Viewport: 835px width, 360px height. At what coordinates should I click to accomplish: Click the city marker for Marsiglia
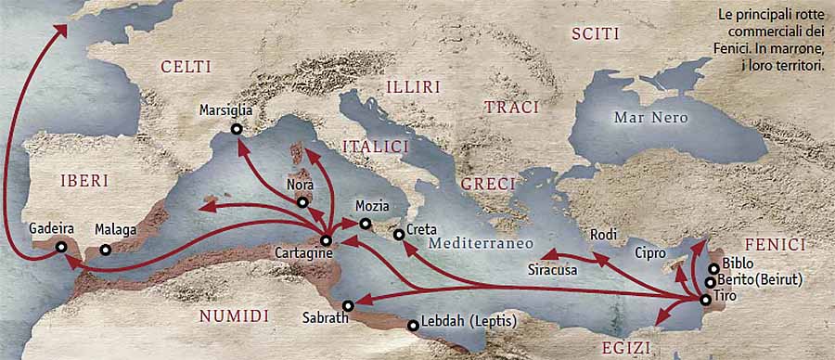tap(237, 129)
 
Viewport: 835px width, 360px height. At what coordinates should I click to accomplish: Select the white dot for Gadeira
tap(60, 247)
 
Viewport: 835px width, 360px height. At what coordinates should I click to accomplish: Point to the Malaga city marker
tap(105, 249)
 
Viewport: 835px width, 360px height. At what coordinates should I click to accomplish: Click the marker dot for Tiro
tap(706, 300)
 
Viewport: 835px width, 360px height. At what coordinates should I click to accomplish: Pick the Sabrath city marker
tap(348, 305)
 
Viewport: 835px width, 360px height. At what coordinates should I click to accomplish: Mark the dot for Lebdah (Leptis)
tap(413, 325)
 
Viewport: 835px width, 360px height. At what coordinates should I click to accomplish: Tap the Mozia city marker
tap(365, 225)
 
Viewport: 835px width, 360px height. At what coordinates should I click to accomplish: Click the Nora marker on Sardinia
tap(302, 201)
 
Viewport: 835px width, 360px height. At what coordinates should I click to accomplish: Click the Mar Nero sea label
tap(650, 118)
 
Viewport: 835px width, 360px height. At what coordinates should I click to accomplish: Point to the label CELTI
tap(186, 67)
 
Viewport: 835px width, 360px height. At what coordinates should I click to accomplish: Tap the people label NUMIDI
tap(234, 316)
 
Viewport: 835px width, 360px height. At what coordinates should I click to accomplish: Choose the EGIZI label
tap(622, 348)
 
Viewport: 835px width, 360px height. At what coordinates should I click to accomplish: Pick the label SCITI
tap(595, 34)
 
